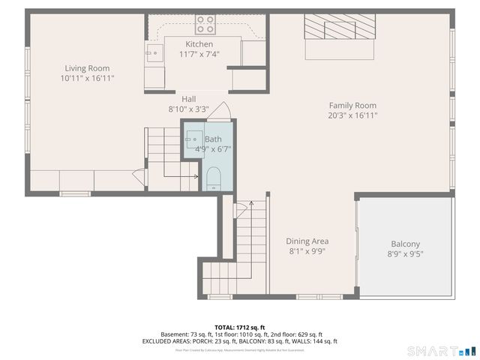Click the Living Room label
point(87,68)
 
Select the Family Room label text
point(352,106)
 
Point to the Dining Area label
point(307,241)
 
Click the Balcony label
point(405,244)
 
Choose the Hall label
point(189,99)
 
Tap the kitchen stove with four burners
point(205,24)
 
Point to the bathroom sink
point(193,139)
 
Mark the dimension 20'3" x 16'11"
point(352,115)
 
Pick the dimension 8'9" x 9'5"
point(405,254)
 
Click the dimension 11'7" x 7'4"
point(199,55)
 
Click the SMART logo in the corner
point(441,351)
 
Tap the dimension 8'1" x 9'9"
point(307,251)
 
